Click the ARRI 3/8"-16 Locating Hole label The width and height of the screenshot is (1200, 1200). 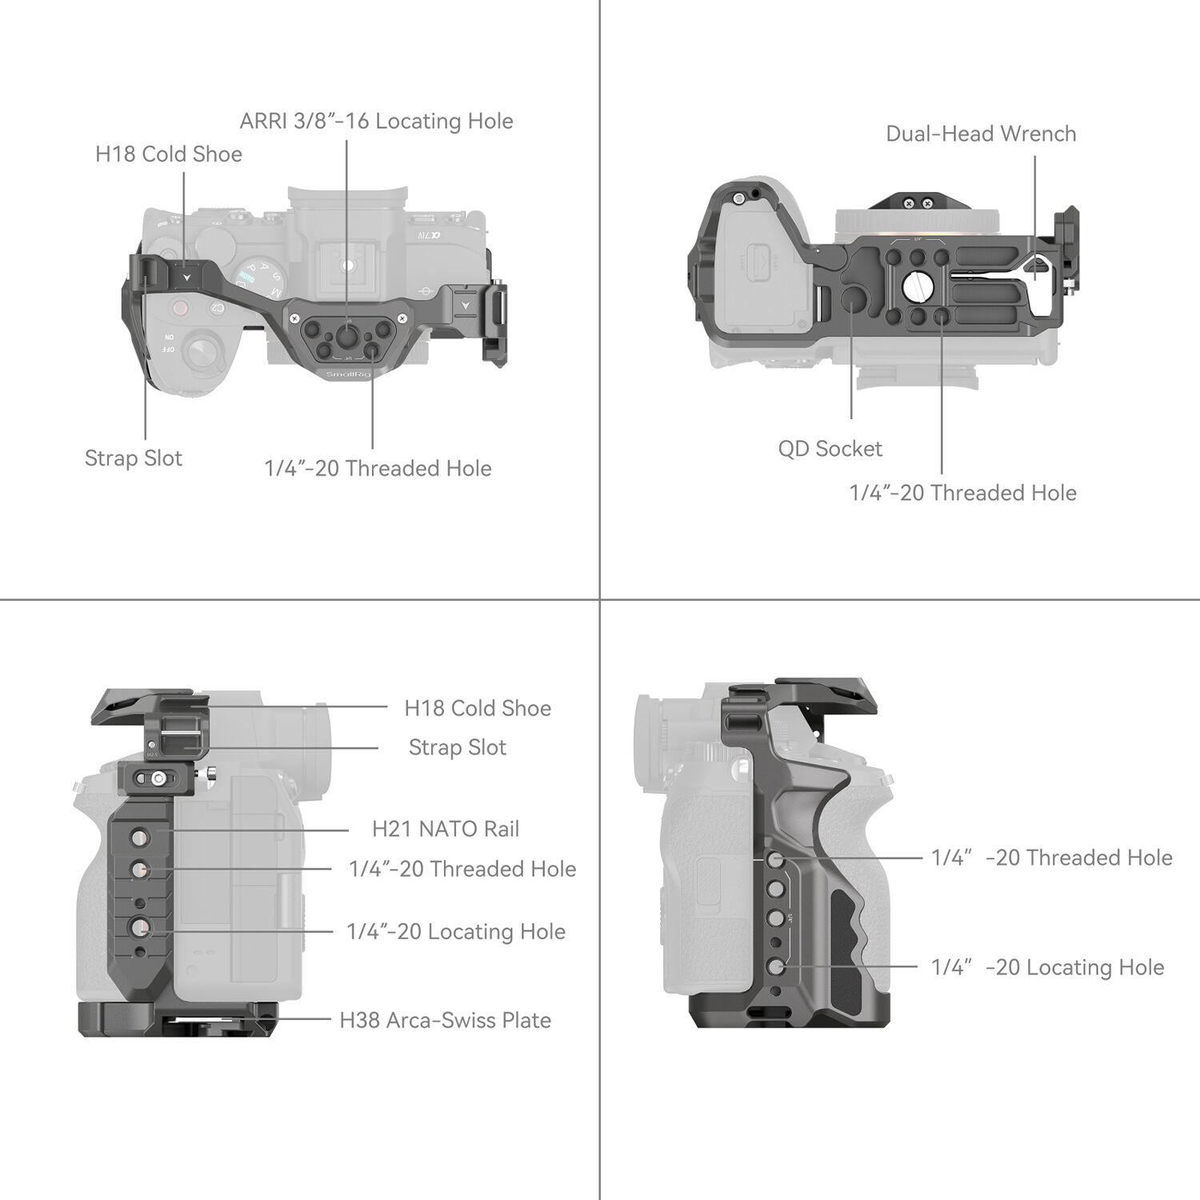376,122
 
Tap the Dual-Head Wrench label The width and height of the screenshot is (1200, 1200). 980,134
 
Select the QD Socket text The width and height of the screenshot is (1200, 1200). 830,449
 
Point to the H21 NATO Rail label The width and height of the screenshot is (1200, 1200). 445,830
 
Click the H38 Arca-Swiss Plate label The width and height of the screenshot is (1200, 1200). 445,1021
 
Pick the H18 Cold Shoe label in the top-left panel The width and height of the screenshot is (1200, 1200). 168,154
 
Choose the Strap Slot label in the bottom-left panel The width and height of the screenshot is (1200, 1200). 457,748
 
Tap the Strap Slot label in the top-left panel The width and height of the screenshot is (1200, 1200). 133,458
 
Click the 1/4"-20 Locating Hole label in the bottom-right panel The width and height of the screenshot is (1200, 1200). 1047,968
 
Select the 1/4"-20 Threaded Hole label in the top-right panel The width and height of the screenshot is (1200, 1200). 962,493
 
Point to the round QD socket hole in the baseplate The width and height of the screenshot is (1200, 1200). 853,302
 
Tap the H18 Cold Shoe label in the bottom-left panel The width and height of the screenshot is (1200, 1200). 477,709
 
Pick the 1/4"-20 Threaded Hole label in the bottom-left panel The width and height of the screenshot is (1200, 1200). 462,870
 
